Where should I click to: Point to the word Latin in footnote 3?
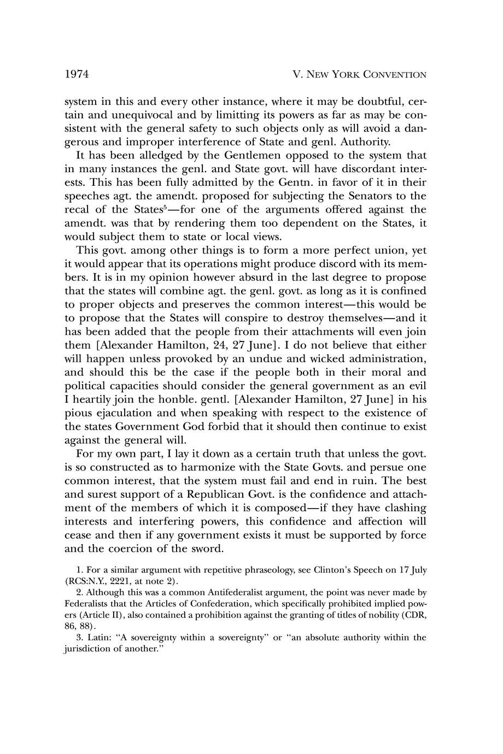(x=98, y=638)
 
